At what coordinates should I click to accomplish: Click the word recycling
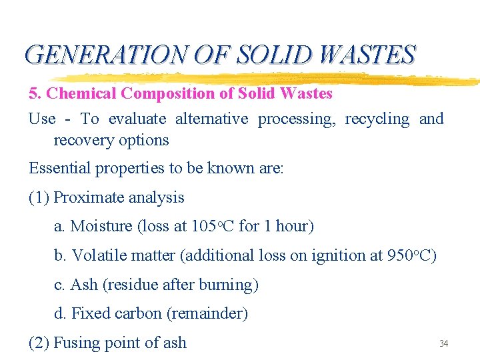pyautogui.click(x=377, y=119)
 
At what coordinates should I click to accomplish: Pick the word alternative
pyautogui.click(x=211, y=119)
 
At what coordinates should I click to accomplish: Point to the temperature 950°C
pyautogui.click(x=411, y=255)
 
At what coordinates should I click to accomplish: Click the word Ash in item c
pyautogui.click(x=84, y=285)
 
